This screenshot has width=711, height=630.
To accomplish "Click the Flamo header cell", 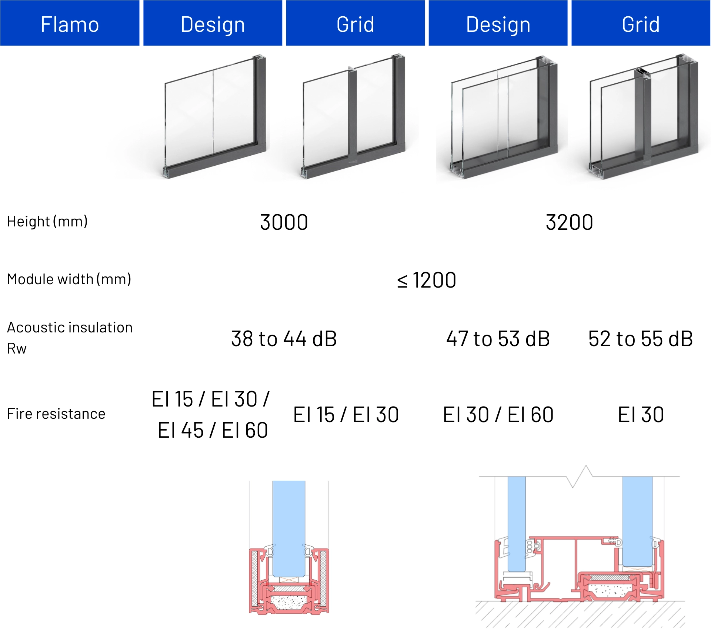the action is coord(70,23).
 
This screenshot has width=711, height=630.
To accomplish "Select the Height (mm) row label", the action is coord(47,222).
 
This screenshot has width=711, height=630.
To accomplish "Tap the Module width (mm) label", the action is coord(69,279).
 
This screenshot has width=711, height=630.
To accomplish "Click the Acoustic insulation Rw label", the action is coord(70,338).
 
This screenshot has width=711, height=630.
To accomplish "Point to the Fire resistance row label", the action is coord(56,414).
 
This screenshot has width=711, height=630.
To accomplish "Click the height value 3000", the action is coord(284,222).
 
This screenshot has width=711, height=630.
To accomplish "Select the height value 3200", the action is coord(569,222).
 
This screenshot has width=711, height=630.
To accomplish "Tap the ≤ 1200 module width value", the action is coord(427,280).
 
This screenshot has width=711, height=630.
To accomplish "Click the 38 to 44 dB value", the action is coord(284,339).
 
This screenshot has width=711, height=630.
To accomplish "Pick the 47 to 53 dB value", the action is coord(498,339).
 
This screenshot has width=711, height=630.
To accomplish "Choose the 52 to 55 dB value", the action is coord(641,339).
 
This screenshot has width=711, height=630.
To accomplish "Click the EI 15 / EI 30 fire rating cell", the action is coord(346,415).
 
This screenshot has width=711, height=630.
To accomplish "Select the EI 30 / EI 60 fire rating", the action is coord(498,415).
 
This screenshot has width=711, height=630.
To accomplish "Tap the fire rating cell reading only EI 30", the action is coord(641,415).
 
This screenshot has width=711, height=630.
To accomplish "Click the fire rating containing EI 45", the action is coord(211,415).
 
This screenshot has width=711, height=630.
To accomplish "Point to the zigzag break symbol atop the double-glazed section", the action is coord(580,477).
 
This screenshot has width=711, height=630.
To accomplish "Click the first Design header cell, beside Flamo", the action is coord(213,23).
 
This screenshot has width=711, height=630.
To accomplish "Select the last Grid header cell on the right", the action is coord(641,23).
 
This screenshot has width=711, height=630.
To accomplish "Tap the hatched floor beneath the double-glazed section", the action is coord(580,614).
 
